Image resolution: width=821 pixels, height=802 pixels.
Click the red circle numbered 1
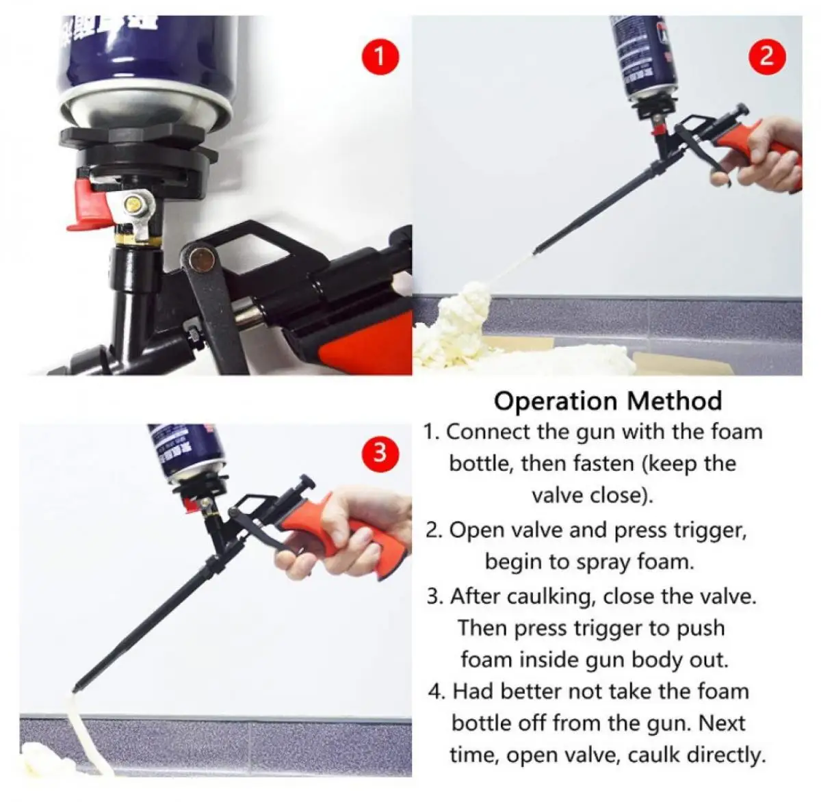380,56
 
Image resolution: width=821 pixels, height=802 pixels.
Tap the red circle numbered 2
766,55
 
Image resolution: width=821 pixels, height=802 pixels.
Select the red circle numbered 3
380,452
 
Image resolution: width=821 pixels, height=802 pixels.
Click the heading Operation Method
608,401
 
